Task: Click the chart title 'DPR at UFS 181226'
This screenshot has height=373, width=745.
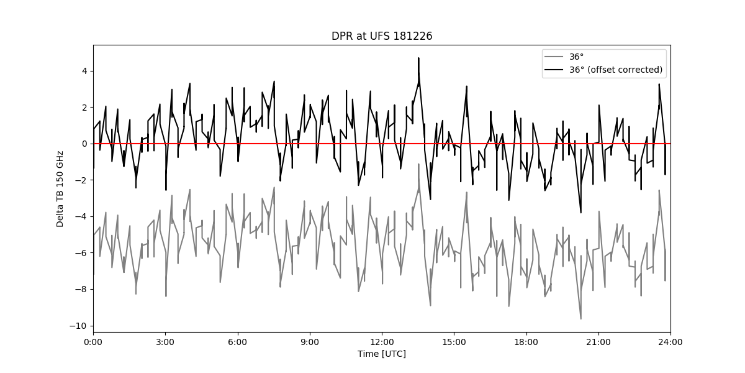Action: [382, 36]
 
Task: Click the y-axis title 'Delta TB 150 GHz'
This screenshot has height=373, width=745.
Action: [60, 189]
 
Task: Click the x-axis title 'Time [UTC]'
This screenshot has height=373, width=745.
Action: [382, 354]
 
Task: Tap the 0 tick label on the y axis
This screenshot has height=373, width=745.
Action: [85, 144]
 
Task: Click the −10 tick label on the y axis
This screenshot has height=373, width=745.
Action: [78, 326]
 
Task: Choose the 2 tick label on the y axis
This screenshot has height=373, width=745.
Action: [85, 108]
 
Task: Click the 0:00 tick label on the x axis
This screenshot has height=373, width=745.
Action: [93, 343]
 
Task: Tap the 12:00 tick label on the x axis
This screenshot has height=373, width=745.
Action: [382, 343]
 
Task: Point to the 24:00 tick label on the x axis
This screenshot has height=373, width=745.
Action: [670, 343]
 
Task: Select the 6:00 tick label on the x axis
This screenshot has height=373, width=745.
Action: [237, 343]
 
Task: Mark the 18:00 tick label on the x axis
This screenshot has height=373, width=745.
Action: [526, 343]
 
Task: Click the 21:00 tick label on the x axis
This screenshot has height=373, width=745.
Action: [598, 343]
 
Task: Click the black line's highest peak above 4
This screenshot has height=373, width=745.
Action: [418, 58]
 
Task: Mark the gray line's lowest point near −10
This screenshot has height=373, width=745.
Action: [580, 319]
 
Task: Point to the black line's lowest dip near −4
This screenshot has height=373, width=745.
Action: [580, 213]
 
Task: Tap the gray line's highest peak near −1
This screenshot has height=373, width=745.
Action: [418, 164]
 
